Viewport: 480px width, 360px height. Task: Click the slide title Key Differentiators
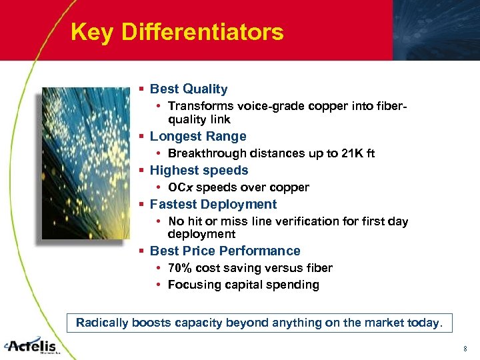coord(177,32)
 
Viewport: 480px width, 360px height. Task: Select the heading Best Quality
coord(189,89)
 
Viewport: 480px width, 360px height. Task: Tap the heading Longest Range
coord(198,136)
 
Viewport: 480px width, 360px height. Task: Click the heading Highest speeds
coord(199,170)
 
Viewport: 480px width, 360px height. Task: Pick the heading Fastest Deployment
coord(213,204)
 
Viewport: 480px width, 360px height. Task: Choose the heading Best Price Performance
coord(225,251)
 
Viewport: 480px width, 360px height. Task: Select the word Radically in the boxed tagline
coord(102,323)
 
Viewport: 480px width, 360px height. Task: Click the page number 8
coord(465,349)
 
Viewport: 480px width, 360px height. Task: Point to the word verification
coord(319,221)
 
